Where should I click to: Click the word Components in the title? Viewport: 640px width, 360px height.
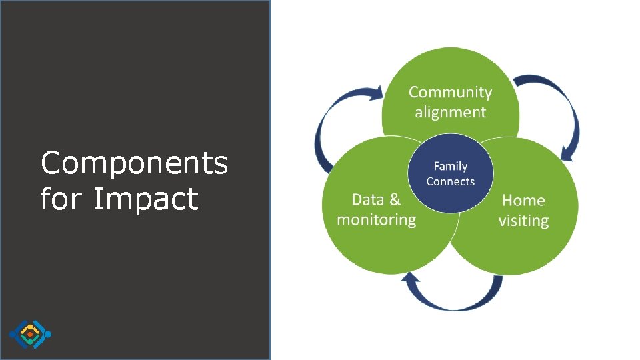pos(134,163)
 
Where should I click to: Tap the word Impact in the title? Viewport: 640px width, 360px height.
pos(145,199)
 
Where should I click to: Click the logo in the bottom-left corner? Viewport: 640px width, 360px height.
pos(30,334)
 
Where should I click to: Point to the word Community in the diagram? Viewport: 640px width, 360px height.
pos(450,93)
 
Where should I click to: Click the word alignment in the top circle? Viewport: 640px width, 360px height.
pos(450,112)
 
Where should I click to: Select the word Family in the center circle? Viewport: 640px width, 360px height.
pos(451,166)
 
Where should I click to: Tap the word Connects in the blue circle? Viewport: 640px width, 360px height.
pos(451,181)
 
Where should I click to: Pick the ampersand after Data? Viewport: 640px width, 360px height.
pos(395,199)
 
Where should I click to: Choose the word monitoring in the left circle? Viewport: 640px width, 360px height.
pos(376,219)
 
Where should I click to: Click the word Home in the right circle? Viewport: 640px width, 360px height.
pos(523,200)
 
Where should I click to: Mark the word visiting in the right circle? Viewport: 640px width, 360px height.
pos(523,220)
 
